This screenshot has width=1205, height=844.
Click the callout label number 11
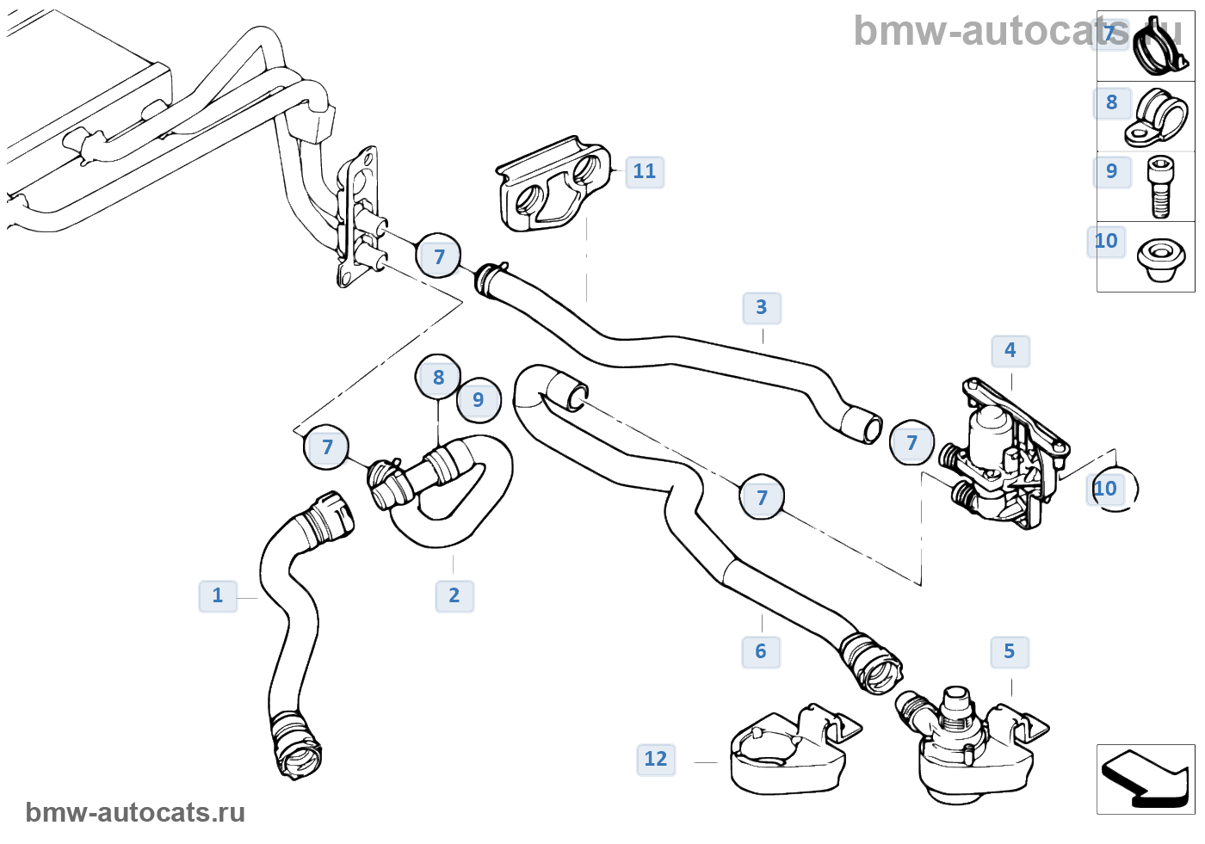[645, 171]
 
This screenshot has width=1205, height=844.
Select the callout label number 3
[762, 307]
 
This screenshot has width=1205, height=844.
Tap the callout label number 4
[1010, 350]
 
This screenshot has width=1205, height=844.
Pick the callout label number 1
[218, 594]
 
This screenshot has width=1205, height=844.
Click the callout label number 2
[454, 594]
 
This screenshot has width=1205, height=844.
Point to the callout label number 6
[761, 651]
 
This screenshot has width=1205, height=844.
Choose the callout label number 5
[1010, 651]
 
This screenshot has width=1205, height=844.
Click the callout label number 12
[656, 759]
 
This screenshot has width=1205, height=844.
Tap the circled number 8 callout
[439, 377]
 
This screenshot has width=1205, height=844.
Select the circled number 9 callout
[479, 400]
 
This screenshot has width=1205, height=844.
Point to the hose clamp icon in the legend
[1162, 47]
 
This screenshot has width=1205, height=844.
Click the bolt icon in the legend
[1160, 186]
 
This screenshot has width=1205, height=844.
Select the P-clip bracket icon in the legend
[1157, 118]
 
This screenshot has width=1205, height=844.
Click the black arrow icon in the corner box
[1145, 779]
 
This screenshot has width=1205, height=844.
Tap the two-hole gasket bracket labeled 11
[551, 185]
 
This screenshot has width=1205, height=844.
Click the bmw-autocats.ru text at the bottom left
[135, 812]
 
